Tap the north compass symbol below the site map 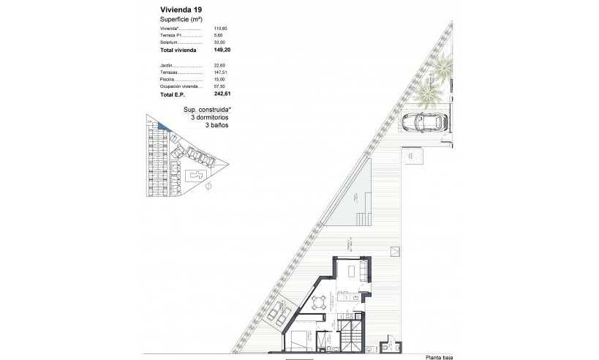point(209,187)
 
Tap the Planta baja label point(443,357)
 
